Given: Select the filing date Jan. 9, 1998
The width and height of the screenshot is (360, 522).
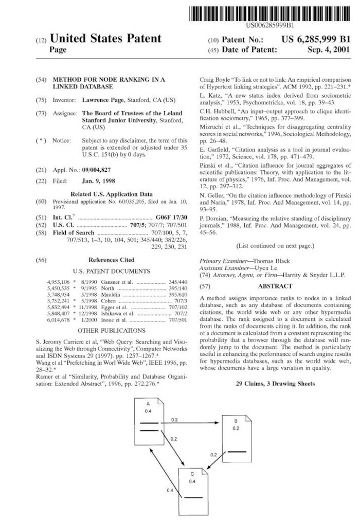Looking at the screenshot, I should [99, 181].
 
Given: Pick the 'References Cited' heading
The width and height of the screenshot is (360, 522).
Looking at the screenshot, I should [112, 260].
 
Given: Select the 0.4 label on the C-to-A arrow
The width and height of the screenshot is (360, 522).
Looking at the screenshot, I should [170, 490].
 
